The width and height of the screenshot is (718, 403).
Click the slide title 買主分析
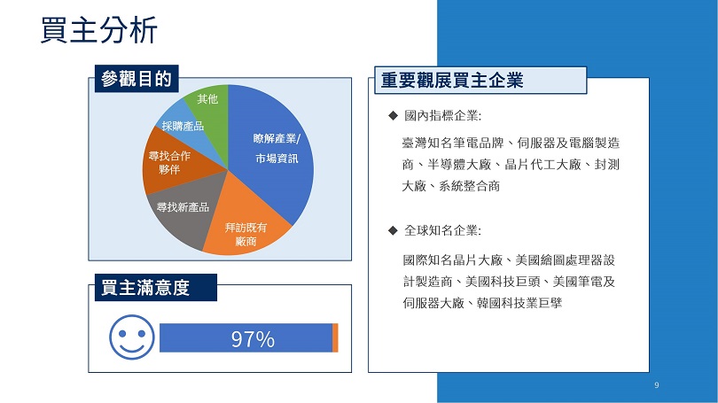coord(99,30)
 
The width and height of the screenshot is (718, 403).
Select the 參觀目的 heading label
coord(137,79)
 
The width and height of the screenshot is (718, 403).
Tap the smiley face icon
coord(132,337)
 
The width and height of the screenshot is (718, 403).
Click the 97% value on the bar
coord(253,339)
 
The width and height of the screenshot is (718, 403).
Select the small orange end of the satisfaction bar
coord(335,338)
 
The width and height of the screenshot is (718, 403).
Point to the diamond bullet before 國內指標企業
coord(393,115)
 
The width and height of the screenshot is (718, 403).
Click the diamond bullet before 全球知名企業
coord(393,230)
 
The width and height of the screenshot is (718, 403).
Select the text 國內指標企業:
coord(443,115)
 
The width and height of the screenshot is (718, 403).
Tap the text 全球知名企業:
coord(443,230)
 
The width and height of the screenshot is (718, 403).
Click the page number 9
coord(657,385)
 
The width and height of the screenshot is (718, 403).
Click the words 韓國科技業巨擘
coord(519,303)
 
